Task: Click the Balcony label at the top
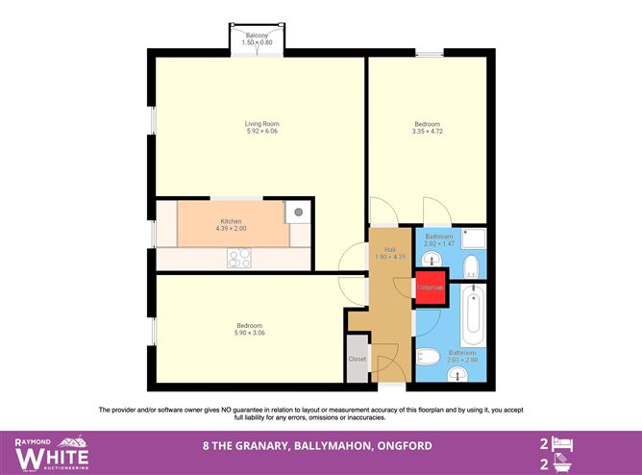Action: coord(256,35)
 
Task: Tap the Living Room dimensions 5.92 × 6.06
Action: coord(256,131)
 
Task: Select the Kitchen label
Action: coord(231,221)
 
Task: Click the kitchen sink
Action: coord(299,212)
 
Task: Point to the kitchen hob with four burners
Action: coord(238,257)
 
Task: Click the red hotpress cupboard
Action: coord(430,287)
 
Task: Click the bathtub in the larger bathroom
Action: coord(472,316)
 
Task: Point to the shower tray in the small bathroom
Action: coord(471,237)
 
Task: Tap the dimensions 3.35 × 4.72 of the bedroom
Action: coord(428,131)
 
